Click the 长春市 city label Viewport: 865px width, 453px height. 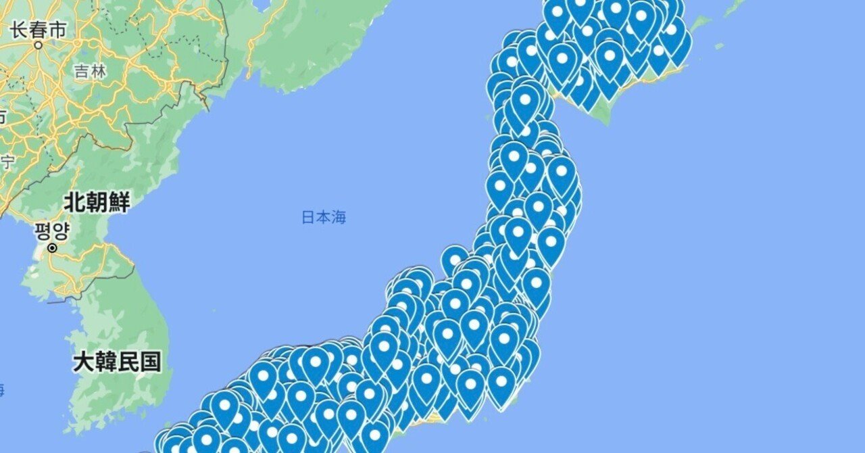click(39, 30)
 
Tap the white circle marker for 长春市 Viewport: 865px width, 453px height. click(39, 45)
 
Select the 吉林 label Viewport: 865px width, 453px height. click(90, 71)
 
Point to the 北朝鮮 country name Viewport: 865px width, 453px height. click(97, 201)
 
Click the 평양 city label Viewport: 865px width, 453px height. click(52, 232)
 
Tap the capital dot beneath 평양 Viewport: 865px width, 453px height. click(52, 248)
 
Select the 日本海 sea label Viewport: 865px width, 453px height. click(323, 218)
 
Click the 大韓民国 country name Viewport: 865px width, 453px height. click(117, 362)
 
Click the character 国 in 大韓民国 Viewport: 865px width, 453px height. click(151, 362)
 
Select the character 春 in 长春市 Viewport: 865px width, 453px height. click(39, 30)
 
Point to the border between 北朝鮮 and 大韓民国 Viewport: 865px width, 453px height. click(101, 287)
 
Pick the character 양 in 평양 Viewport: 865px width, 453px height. click(61, 232)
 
